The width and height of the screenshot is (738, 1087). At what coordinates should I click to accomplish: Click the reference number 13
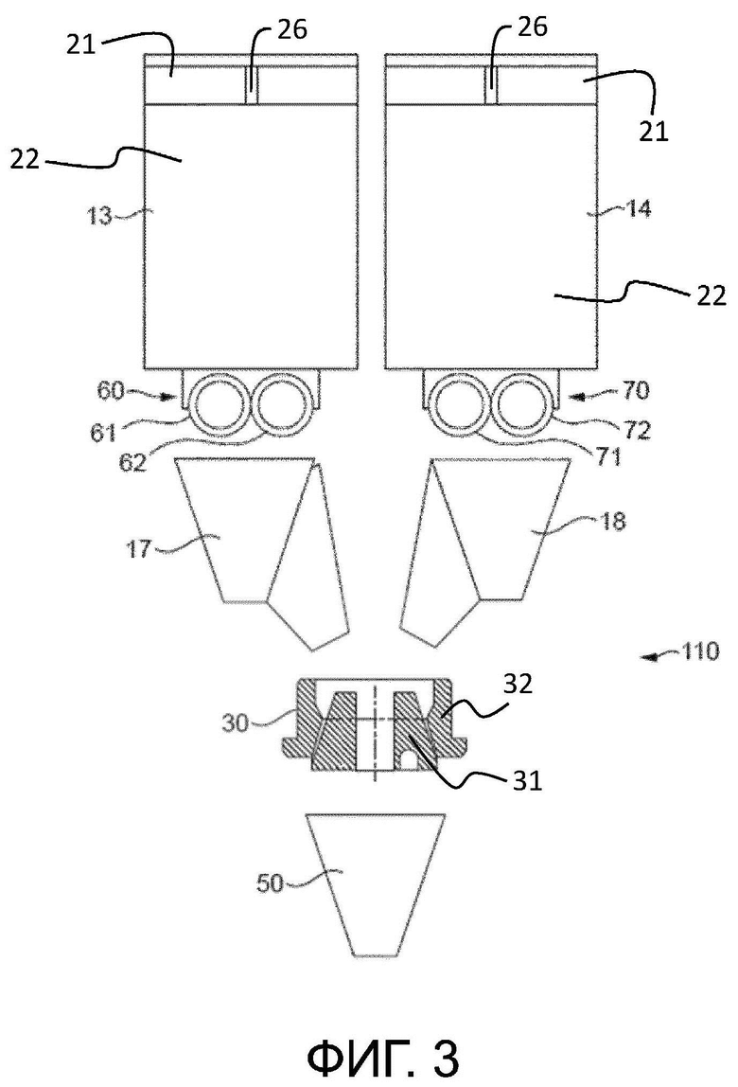[100, 216]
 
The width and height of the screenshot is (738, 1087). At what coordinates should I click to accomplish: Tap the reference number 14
[638, 208]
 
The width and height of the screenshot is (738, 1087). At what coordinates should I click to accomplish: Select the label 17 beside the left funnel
[139, 549]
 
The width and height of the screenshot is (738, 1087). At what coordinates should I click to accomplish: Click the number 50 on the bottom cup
[270, 883]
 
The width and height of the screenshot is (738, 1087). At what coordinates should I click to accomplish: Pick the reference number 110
[700, 651]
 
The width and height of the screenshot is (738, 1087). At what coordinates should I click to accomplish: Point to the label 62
[132, 462]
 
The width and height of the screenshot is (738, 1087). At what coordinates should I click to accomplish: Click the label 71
[607, 457]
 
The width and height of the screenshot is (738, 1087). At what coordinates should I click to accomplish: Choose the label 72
[637, 431]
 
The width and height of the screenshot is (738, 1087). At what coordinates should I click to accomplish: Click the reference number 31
[527, 781]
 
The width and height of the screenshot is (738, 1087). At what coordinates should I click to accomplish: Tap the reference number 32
[518, 685]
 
